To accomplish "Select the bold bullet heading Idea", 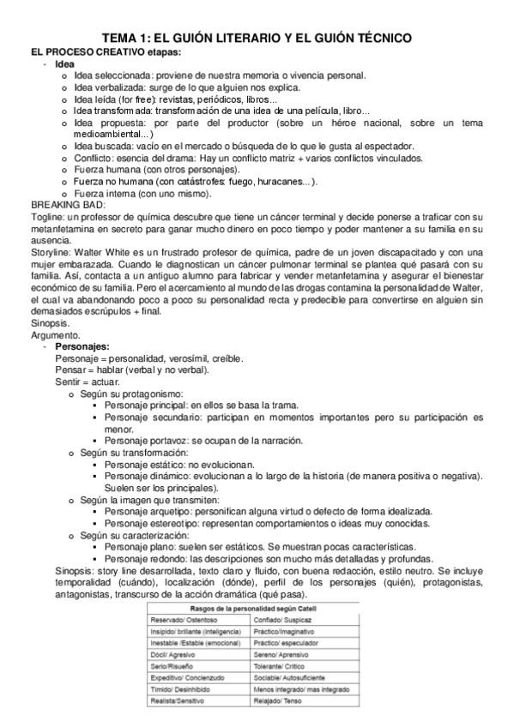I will tap(64, 64).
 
